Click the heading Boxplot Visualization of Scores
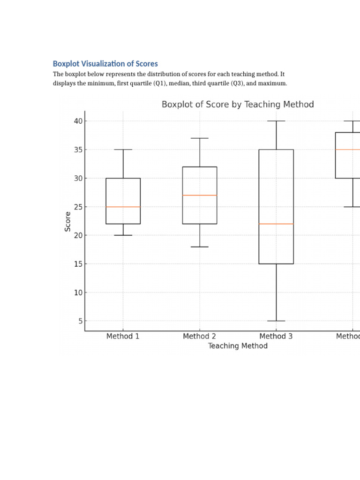point(105,64)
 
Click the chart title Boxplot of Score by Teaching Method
point(238,105)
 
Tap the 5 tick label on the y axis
point(80,321)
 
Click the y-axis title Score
point(68,221)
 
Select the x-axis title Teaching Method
point(238,346)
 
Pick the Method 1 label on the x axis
point(123,336)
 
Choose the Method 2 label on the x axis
point(199,336)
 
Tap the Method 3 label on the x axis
point(276,336)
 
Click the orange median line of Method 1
point(123,207)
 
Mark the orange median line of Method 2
point(200,195)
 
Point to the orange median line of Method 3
point(276,224)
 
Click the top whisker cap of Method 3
point(276,121)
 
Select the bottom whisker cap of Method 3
point(276,321)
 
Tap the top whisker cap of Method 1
point(123,150)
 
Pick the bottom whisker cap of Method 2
point(200,247)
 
